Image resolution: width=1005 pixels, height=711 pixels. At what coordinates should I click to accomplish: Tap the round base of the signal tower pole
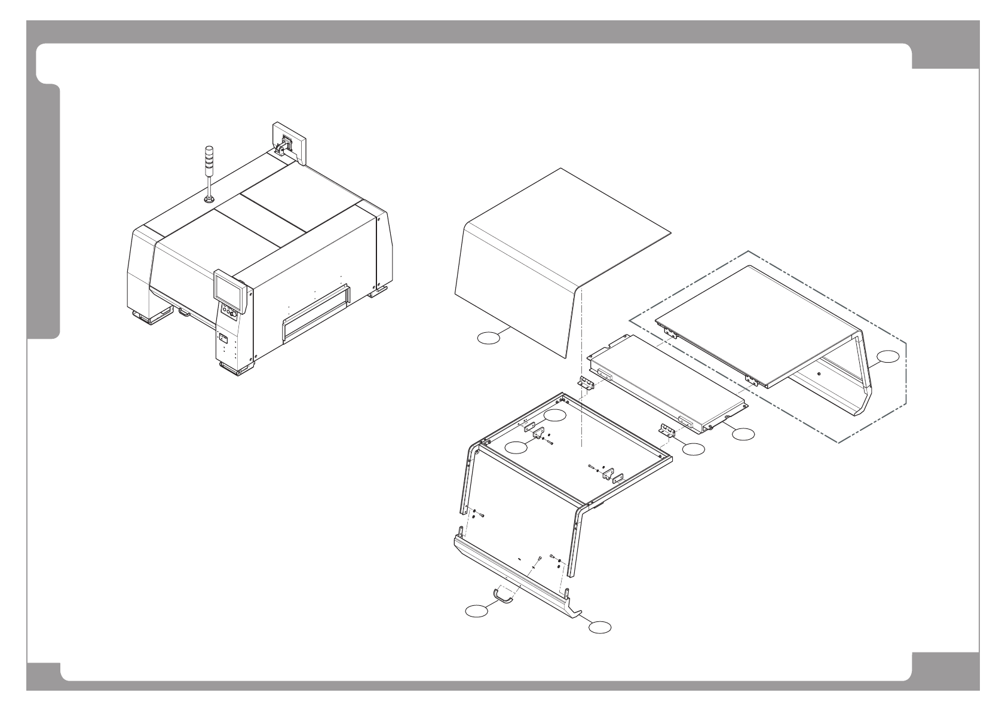tap(209, 200)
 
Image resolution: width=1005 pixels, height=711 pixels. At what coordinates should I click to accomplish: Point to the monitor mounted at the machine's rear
tap(290, 142)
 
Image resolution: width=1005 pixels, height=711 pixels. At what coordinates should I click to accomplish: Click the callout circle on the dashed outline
tap(887, 357)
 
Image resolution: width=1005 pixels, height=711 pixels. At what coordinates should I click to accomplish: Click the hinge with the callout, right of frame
tap(666, 430)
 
